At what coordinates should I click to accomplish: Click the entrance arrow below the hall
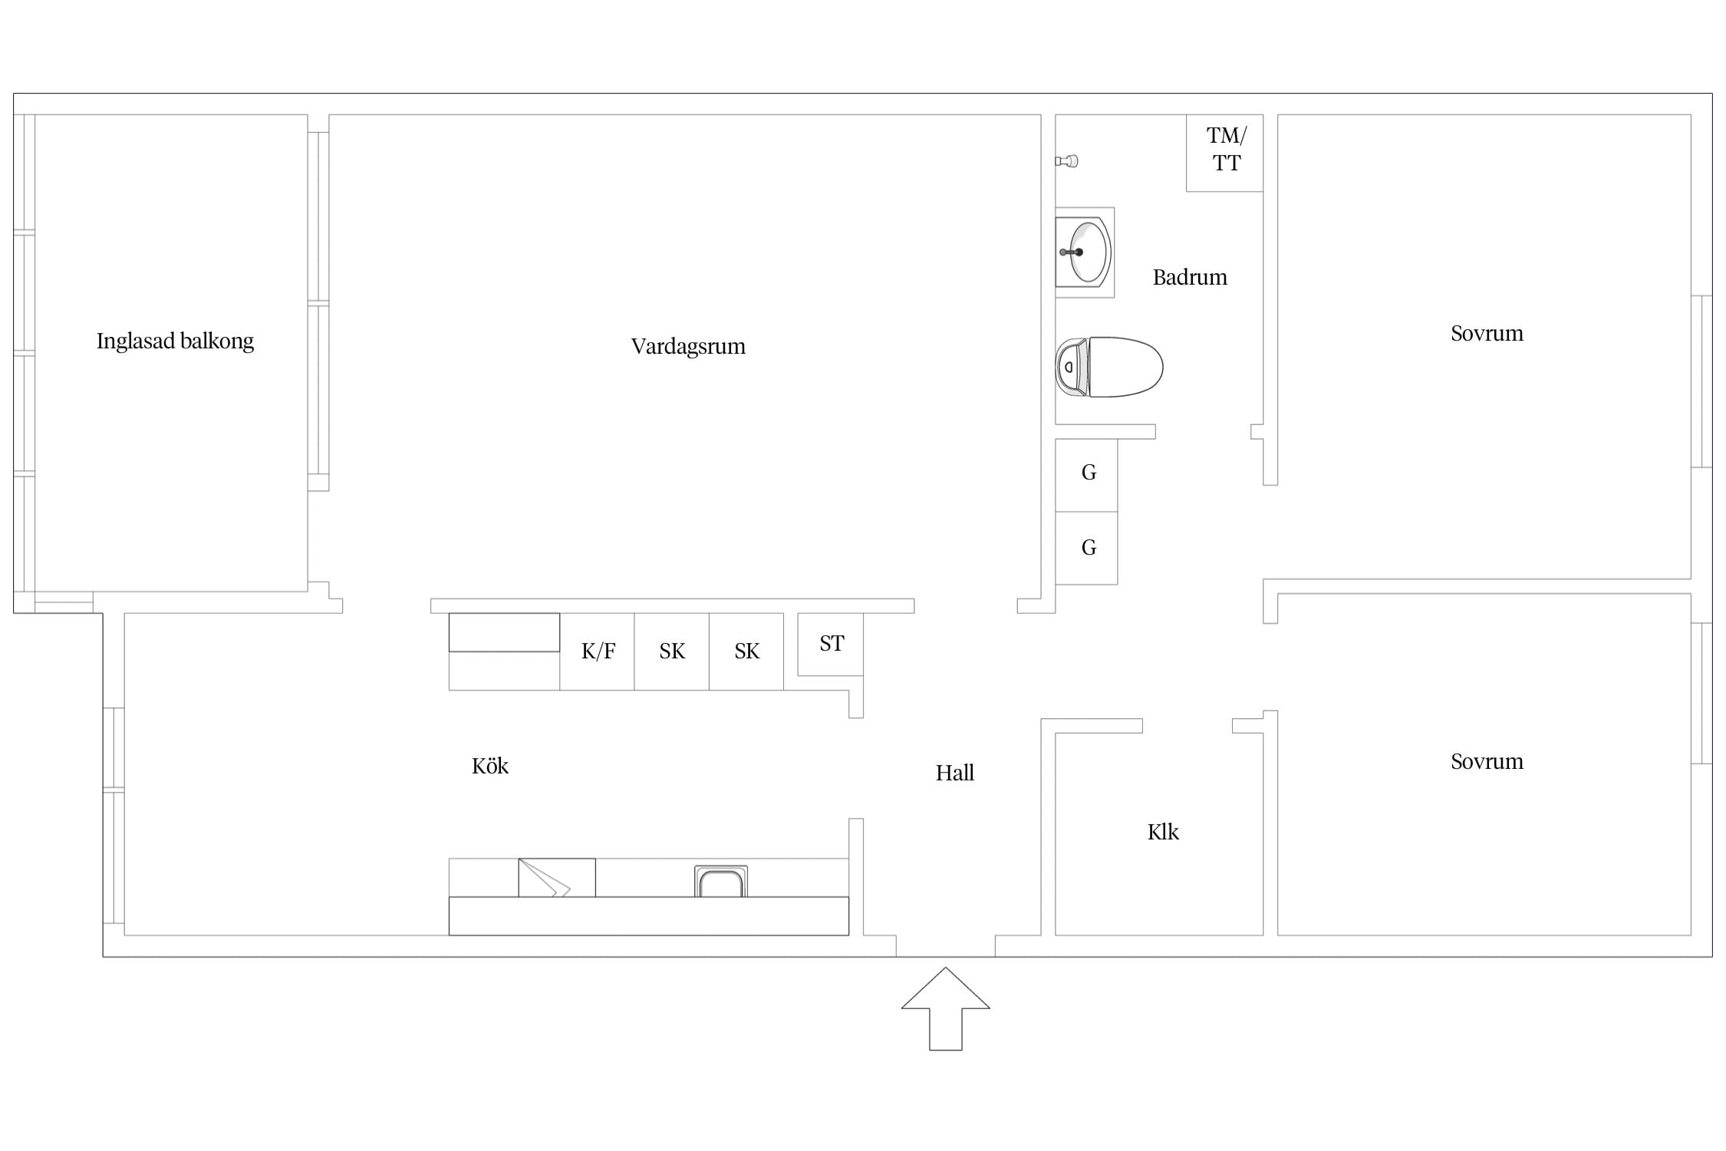[945, 1008]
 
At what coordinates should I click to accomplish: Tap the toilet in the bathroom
[1109, 367]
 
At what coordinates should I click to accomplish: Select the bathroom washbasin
[1083, 252]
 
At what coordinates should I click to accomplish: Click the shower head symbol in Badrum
[1067, 161]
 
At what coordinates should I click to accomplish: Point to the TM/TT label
[1226, 149]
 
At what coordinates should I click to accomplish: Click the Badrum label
[1190, 277]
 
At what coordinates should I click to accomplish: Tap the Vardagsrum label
[688, 347]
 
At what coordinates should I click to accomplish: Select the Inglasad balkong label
[175, 341]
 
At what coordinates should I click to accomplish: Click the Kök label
[489, 766]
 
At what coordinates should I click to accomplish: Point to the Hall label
[954, 773]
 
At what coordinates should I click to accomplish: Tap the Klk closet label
[1163, 832]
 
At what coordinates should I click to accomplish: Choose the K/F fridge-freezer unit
[597, 651]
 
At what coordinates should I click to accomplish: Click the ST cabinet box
[831, 645]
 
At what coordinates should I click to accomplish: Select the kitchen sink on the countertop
[721, 881]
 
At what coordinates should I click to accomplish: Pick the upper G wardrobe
[1086, 475]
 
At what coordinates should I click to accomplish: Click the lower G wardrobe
[1086, 548]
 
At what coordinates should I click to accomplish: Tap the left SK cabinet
[671, 651]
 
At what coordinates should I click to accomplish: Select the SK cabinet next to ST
[746, 651]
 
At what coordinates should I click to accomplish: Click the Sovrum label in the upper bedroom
[1487, 334]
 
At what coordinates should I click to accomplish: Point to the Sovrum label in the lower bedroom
[1487, 762]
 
